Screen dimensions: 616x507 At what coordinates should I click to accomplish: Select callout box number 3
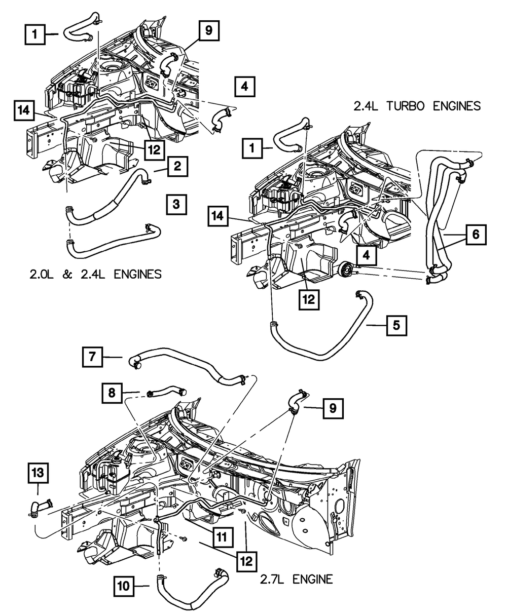(x=176, y=205)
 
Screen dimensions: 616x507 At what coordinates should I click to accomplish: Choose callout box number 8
(x=112, y=392)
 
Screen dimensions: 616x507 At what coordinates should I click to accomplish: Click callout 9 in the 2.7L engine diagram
(x=332, y=407)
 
